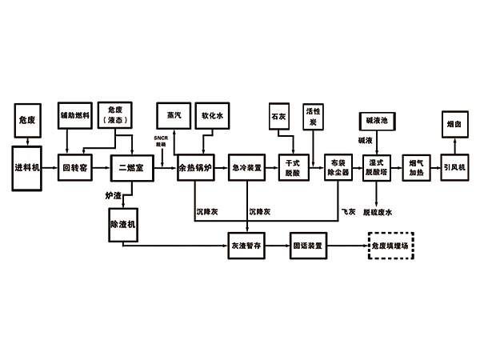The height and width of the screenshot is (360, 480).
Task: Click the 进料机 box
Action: pyautogui.click(x=26, y=167)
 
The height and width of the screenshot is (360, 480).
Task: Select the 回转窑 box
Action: pyautogui.click(x=77, y=167)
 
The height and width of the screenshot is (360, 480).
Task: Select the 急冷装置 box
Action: pyautogui.click(x=247, y=167)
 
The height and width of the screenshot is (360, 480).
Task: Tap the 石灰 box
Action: pyautogui.click(x=278, y=118)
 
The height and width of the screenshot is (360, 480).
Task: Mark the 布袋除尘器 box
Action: pyautogui.click(x=339, y=167)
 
